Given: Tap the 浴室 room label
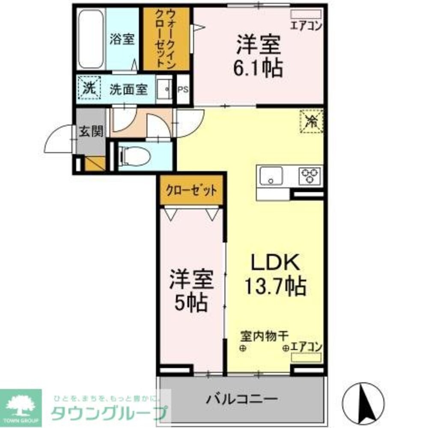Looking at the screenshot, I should (122, 39).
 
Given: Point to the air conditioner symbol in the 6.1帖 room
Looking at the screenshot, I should (306, 14).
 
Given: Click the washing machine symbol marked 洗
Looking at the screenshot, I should (89, 88).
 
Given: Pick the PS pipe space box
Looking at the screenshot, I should (183, 90).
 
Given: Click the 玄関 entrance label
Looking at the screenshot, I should (91, 131).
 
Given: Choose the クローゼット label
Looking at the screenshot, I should (191, 190).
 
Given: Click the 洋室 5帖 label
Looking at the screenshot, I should (190, 290).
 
